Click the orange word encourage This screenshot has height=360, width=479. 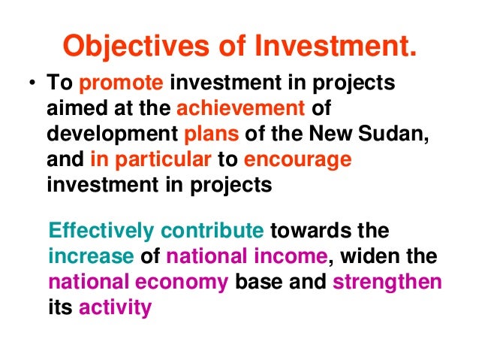[298, 160]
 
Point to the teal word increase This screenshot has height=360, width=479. [89, 256]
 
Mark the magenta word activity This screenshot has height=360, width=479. [116, 308]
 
